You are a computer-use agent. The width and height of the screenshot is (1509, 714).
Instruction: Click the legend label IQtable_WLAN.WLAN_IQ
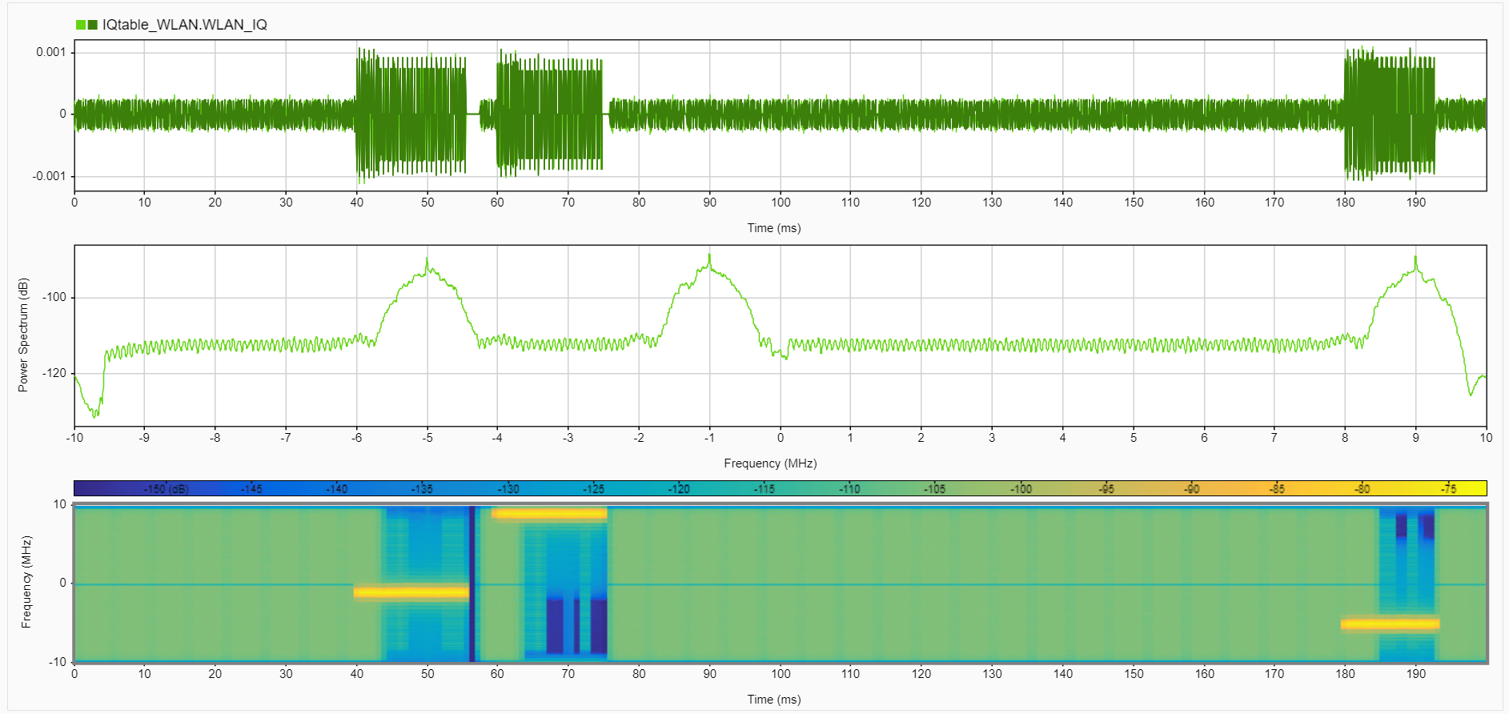(184, 25)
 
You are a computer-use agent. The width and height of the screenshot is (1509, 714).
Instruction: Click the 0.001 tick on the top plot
(50, 52)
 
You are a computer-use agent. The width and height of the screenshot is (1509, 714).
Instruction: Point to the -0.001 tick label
(49, 176)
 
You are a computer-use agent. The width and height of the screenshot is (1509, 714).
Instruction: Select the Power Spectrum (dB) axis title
(23, 335)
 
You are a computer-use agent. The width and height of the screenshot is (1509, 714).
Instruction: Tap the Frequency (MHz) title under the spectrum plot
(770, 463)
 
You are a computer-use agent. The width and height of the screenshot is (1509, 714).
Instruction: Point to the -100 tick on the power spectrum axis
(54, 297)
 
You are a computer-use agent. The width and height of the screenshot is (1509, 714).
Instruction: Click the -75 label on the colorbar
(1448, 489)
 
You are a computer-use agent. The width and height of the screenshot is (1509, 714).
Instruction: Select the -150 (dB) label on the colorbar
(166, 489)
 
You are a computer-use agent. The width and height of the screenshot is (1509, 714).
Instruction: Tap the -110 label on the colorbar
(849, 489)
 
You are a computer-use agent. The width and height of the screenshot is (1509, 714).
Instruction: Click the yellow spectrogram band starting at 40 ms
(411, 593)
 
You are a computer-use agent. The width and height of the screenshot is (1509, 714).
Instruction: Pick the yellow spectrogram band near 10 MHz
(549, 514)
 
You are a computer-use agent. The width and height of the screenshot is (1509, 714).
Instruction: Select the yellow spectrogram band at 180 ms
(1390, 624)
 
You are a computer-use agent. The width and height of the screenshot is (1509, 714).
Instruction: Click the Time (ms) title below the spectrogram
(773, 700)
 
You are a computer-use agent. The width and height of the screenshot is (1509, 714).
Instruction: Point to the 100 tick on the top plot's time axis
(781, 203)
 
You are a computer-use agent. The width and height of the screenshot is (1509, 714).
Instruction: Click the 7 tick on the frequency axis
(1274, 438)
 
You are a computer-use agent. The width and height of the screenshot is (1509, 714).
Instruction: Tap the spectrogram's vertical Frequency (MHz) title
(26, 582)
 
